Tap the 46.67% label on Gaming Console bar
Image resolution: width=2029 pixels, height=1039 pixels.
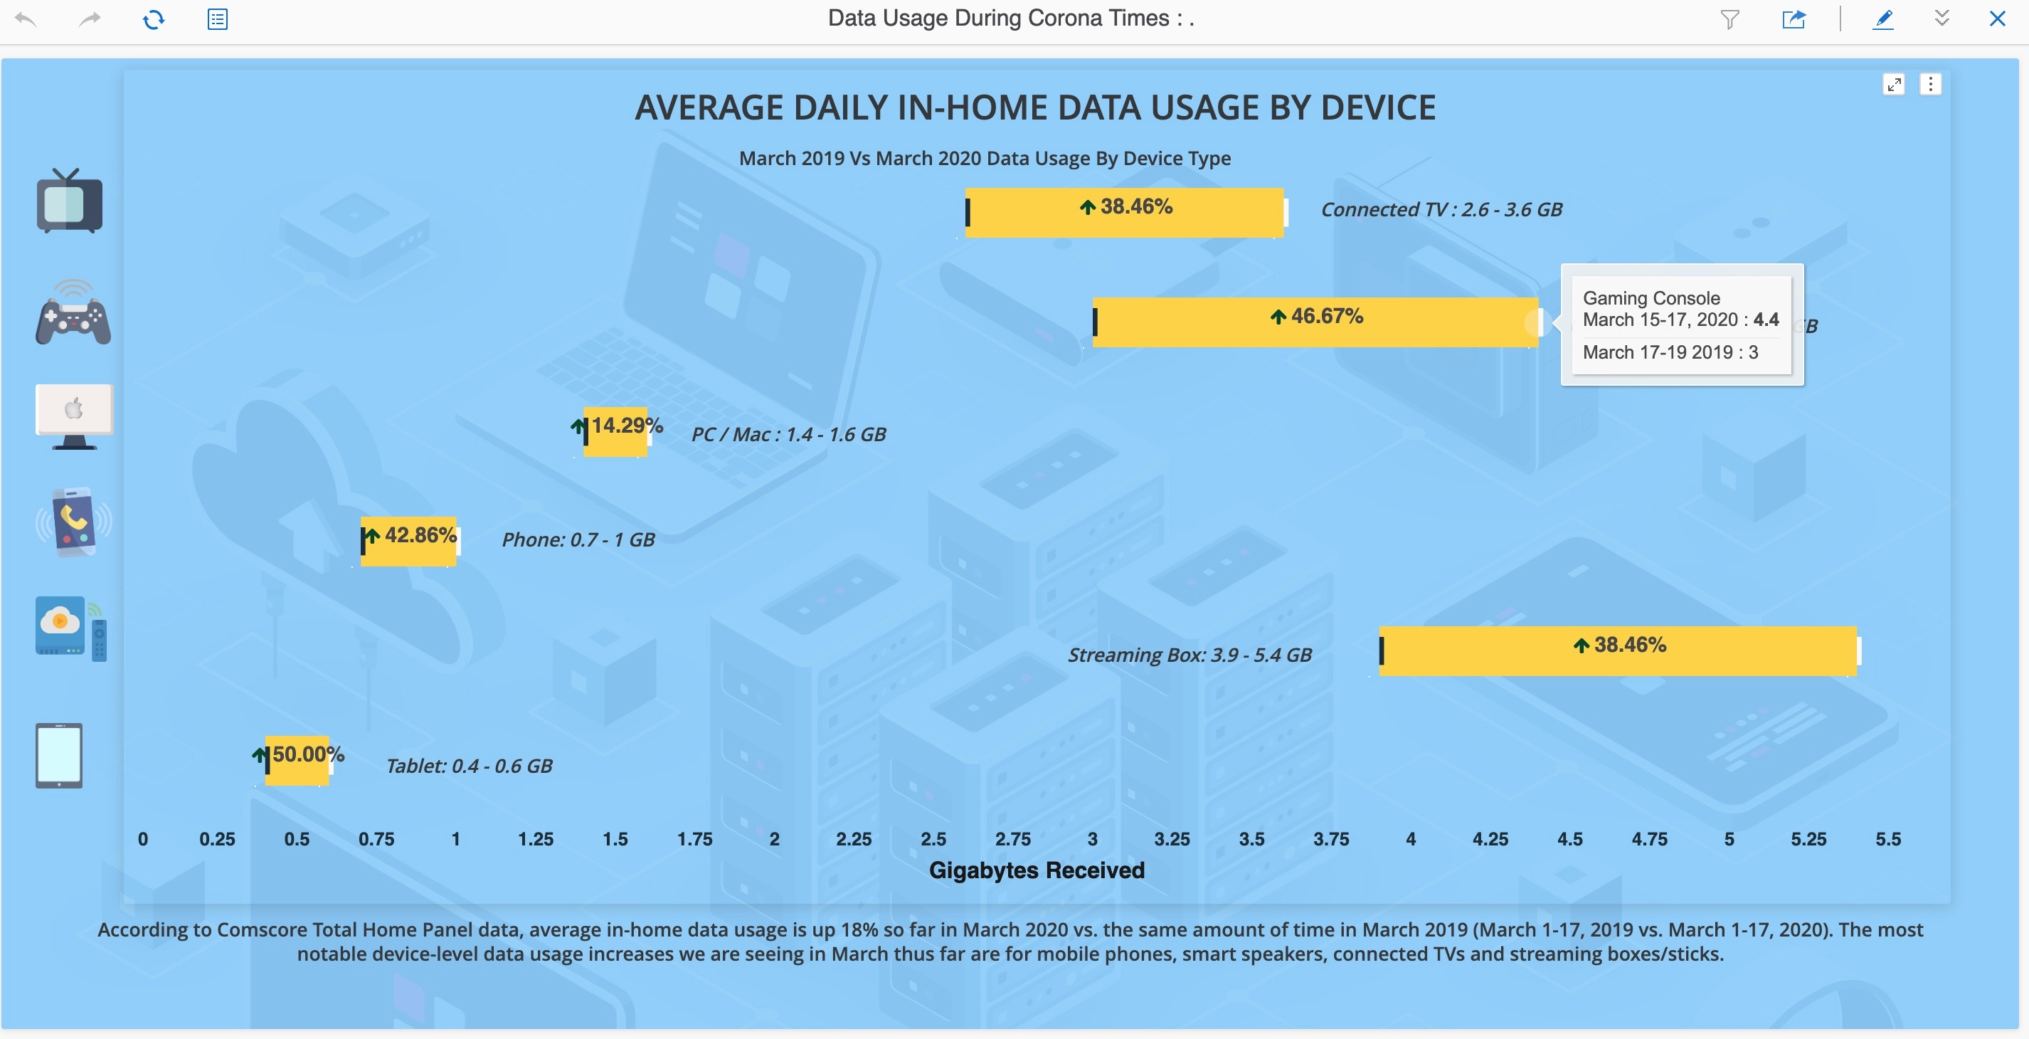coord(1317,317)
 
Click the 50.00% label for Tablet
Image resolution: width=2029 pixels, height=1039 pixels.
coord(307,754)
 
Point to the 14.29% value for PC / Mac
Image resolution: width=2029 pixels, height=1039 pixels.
coord(626,426)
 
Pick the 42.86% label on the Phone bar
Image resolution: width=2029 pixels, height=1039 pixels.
coord(419,536)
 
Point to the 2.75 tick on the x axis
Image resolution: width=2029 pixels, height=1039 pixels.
coord(1013,839)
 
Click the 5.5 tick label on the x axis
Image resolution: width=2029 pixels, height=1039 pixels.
coord(1888,839)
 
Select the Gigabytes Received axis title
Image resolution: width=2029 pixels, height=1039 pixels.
coord(1037,870)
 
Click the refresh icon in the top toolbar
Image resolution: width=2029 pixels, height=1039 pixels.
coord(154,19)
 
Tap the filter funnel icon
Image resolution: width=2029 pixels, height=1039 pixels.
coord(1729,19)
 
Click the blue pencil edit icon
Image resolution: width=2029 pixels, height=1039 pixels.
coord(1883,19)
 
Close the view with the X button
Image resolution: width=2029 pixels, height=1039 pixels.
coord(1997,19)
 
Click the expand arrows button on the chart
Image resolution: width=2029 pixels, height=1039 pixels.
coord(1894,84)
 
